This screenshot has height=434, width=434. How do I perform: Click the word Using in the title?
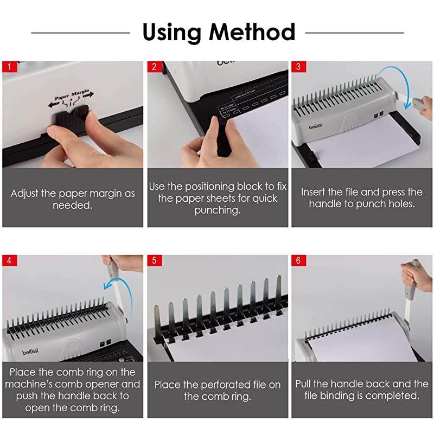(173, 32)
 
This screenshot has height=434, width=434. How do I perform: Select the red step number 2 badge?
(154, 67)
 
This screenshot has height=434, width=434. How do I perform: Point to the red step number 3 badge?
(298, 67)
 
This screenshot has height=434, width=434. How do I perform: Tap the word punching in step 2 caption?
(217, 210)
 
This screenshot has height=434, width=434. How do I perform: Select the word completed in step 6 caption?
(395, 396)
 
